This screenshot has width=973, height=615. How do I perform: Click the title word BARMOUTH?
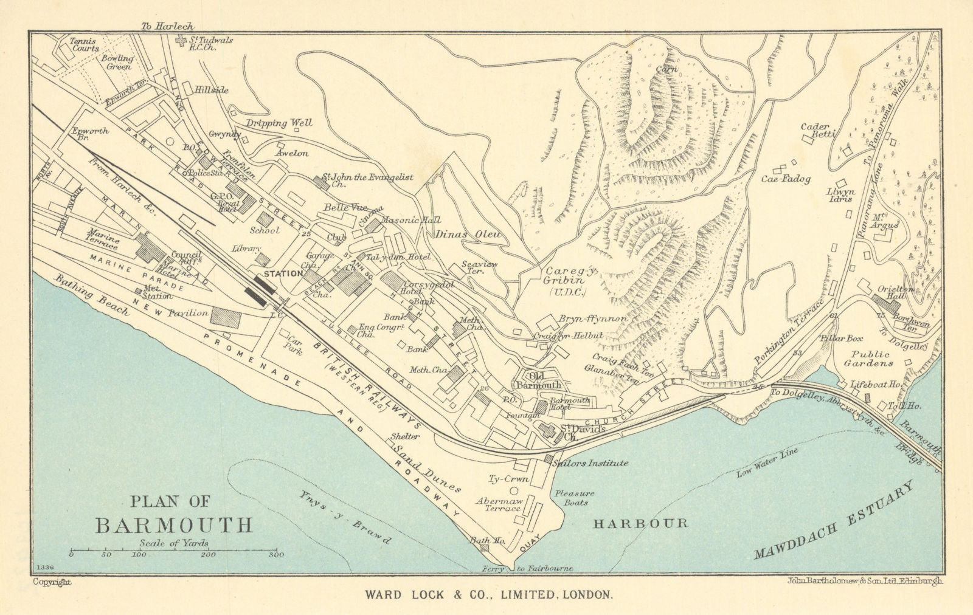coord(173,524)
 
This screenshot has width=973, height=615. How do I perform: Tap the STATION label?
coord(283,273)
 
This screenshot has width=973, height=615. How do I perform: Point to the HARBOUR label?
coord(640,523)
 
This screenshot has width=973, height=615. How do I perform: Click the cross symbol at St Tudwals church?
coord(181,40)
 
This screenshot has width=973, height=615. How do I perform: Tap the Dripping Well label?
coord(279,123)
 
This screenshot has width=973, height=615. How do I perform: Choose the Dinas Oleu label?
coord(466,234)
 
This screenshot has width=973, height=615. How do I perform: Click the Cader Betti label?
coord(818,130)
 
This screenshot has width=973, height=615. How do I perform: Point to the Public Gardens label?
coord(871,359)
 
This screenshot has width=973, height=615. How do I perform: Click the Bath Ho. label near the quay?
coord(483,540)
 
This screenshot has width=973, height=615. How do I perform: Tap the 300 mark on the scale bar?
coord(276,554)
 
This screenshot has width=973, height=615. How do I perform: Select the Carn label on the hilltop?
coord(667,69)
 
